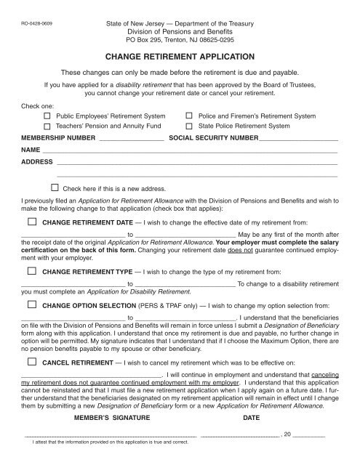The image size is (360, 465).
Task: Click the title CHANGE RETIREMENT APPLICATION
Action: coord(180,56)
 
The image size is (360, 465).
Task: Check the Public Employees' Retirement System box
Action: coord(47,116)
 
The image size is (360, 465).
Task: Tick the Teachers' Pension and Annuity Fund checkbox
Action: coord(47,126)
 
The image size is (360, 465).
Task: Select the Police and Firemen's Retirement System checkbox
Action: coord(190,116)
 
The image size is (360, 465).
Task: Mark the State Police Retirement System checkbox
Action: coord(190,126)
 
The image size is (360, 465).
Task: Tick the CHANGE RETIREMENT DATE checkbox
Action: coord(31,222)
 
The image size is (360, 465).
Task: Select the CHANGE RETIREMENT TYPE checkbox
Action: coord(31,270)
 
